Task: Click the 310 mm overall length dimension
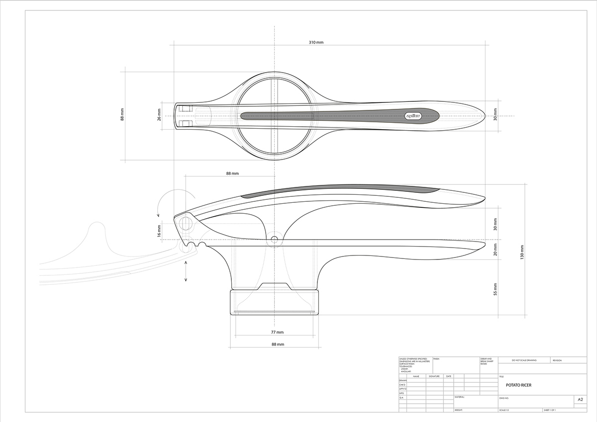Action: click(316, 43)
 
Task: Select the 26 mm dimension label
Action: click(159, 115)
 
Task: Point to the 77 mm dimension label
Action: click(277, 332)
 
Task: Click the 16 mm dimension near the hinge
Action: click(159, 231)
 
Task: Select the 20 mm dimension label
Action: click(495, 250)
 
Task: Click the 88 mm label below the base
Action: click(277, 344)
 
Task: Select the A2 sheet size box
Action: click(580, 400)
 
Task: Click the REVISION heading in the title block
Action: click(557, 360)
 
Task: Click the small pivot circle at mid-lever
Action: click(274, 240)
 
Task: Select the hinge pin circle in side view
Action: click(186, 223)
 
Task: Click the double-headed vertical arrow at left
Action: click(186, 271)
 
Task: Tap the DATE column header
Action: click(449, 376)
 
